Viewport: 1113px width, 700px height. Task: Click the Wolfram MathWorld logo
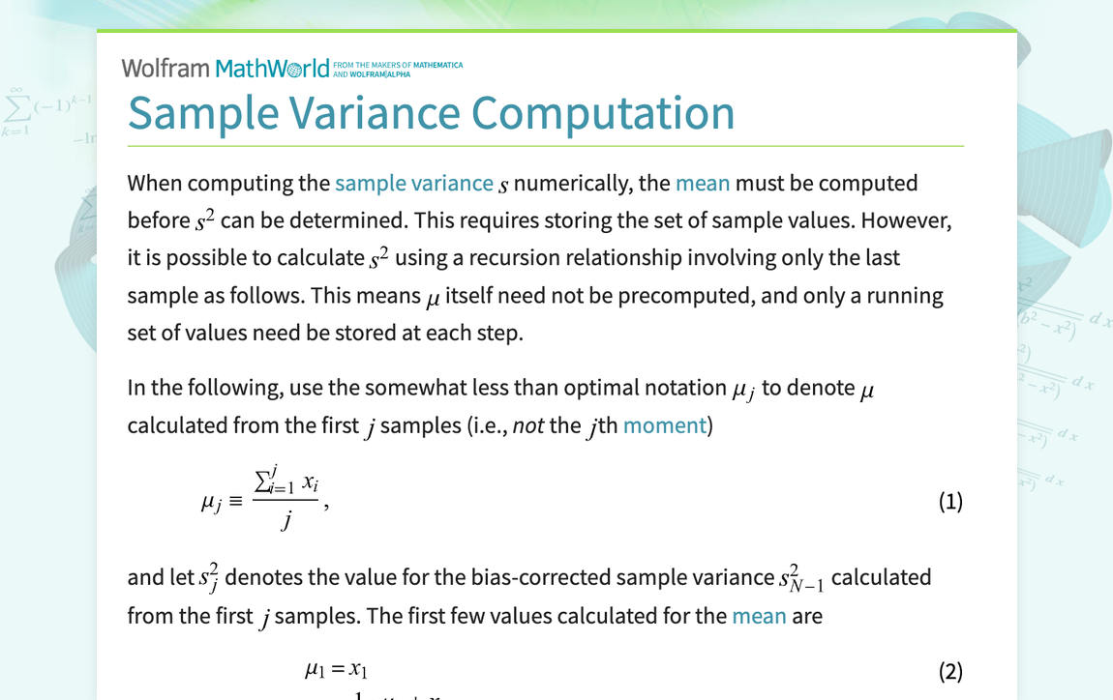point(226,68)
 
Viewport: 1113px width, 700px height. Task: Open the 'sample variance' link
point(414,183)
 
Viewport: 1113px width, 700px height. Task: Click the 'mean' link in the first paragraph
point(703,183)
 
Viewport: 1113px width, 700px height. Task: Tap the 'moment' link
point(665,424)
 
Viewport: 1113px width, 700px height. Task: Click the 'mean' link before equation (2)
point(759,615)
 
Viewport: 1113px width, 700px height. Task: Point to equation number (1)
point(950,501)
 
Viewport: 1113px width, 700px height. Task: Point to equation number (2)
point(950,671)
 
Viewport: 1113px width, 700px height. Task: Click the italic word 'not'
point(528,424)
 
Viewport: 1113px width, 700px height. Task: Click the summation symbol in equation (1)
point(261,481)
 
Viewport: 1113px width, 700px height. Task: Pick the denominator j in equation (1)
point(287,521)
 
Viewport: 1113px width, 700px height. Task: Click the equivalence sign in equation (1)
point(236,503)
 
